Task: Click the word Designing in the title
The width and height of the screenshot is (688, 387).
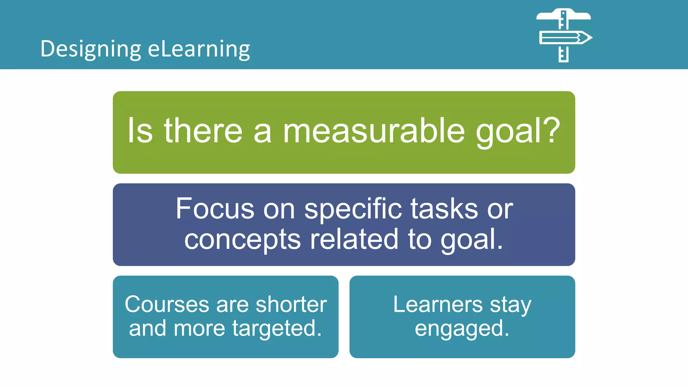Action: coord(91,49)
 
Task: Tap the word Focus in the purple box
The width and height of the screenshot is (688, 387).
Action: coord(215,209)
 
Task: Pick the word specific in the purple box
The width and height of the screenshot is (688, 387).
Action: coord(353,209)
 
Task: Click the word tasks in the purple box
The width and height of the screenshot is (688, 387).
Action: coord(444,209)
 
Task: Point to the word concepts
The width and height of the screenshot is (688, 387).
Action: coord(242,240)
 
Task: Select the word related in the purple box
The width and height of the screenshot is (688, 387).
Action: coord(354,239)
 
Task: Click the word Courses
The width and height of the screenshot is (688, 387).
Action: coord(167,304)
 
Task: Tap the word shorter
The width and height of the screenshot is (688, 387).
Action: coord(291,304)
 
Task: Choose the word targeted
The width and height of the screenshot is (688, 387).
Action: coord(277,329)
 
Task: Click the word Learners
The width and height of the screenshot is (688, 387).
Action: coord(438,304)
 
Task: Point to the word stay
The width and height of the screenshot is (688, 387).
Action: coord(510,305)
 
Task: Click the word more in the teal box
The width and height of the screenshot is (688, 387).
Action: coord(199,328)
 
